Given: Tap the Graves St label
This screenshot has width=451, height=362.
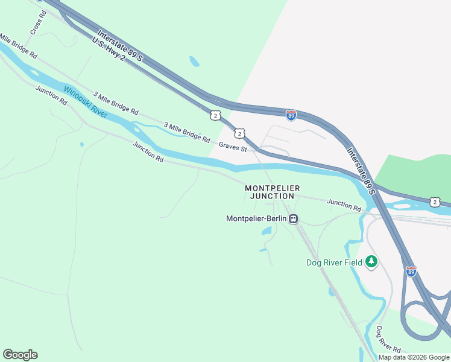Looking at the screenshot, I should (233, 146).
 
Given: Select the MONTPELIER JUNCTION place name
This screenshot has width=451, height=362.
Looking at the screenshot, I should (272, 192).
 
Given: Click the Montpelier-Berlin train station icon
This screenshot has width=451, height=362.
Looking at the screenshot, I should (293, 219).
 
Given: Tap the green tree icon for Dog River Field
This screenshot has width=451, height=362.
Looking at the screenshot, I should (372, 261).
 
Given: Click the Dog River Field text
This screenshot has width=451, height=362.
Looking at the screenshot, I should (334, 262).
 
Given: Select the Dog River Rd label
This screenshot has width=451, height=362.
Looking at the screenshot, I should (388, 340).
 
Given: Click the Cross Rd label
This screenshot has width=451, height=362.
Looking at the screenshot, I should (38, 21).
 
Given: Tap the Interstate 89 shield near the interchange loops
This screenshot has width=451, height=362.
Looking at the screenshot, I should (411, 272).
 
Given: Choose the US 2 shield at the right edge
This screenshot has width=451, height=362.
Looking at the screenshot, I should (434, 202).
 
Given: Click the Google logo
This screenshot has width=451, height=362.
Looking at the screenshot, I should (20, 355).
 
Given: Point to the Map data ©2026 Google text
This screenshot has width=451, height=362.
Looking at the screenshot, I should (414, 357).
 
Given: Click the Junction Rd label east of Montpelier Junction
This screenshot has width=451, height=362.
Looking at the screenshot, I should (344, 205).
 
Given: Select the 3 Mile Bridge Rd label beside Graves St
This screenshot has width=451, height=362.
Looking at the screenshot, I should (187, 132).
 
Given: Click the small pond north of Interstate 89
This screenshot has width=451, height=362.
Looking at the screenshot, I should (194, 61).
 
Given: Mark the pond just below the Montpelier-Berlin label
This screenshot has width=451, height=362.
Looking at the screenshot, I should (266, 231).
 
